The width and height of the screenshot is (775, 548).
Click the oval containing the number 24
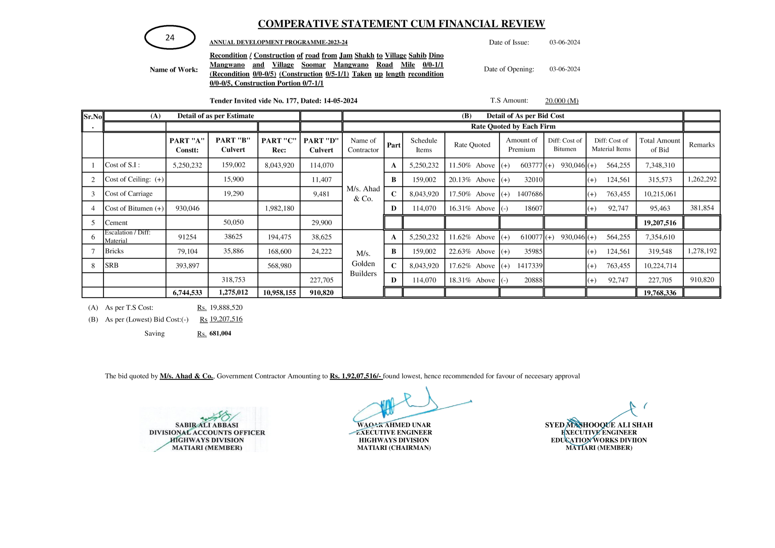pyautogui.click(x=170, y=37)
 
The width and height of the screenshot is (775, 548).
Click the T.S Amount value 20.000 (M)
pyautogui.click(x=562, y=101)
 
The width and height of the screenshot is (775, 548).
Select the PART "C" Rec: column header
pyautogui.click(x=279, y=145)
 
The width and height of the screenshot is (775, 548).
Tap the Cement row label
pyautogui.click(x=116, y=223)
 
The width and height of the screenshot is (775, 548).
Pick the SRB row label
pyautogui.click(x=112, y=266)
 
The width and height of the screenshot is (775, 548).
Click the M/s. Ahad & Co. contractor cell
pyautogui.click(x=363, y=194)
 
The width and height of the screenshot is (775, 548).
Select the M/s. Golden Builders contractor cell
pyautogui.click(x=363, y=263)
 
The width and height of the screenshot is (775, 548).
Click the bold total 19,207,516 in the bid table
pyautogui.click(x=660, y=223)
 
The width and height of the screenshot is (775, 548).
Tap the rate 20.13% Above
pyautogui.click(x=471, y=180)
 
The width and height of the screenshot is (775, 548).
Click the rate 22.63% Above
pyautogui.click(x=471, y=251)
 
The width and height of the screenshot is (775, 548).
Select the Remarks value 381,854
pyautogui.click(x=702, y=208)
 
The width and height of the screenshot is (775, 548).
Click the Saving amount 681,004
pyautogui.click(x=220, y=334)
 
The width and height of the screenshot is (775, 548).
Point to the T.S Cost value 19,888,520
pyautogui.click(x=226, y=307)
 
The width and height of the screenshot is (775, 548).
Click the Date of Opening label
pyautogui.click(x=509, y=69)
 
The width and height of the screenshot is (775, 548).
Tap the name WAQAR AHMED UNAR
pyautogui.click(x=394, y=425)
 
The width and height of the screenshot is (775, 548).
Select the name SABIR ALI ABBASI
pyautogui.click(x=207, y=425)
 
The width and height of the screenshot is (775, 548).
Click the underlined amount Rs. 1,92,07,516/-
pyautogui.click(x=356, y=376)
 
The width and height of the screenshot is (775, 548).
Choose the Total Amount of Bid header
pyautogui.click(x=660, y=145)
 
